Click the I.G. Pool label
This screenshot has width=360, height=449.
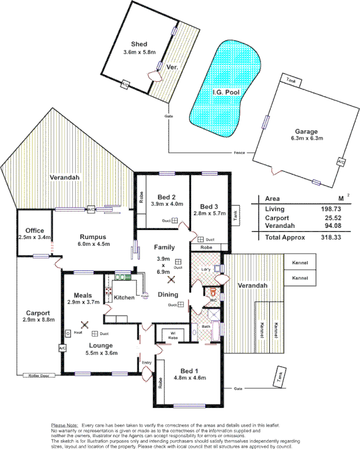pos(225,91)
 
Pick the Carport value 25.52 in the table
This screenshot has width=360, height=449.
pos(330,218)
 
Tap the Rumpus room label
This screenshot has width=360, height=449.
pos(94,236)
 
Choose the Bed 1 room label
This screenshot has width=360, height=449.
pos(190,370)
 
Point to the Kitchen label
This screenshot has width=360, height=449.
pos(124,297)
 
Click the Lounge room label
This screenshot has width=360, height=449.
pos(100,345)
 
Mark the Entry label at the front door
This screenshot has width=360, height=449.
pos(146,363)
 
